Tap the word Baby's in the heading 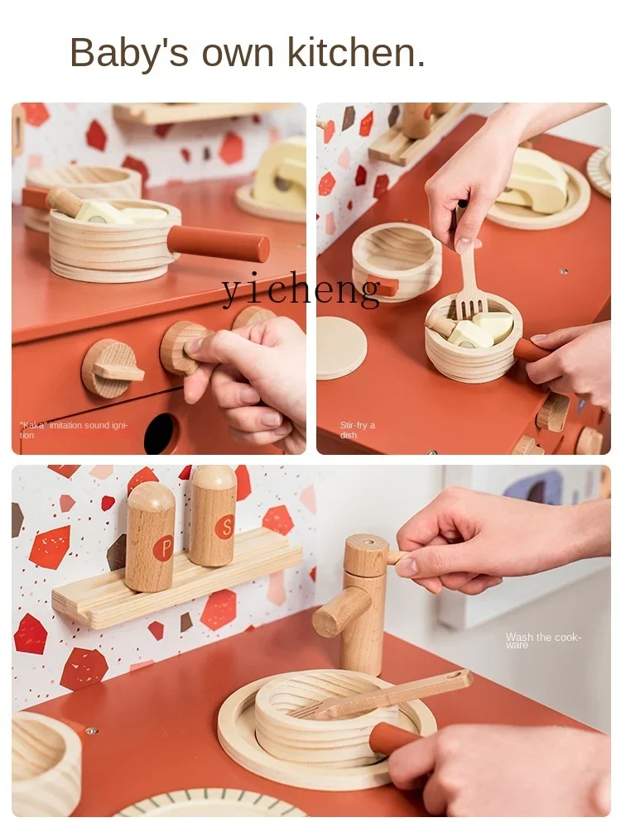pyautogui.click(x=123, y=53)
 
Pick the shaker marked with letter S pyautogui.click(x=214, y=516)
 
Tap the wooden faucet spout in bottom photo pyautogui.click(x=340, y=612)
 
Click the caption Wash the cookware pyautogui.click(x=543, y=641)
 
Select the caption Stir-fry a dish pyautogui.click(x=358, y=430)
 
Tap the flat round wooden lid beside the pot pyautogui.click(x=341, y=347)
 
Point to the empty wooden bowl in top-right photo pyautogui.click(x=397, y=256)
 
